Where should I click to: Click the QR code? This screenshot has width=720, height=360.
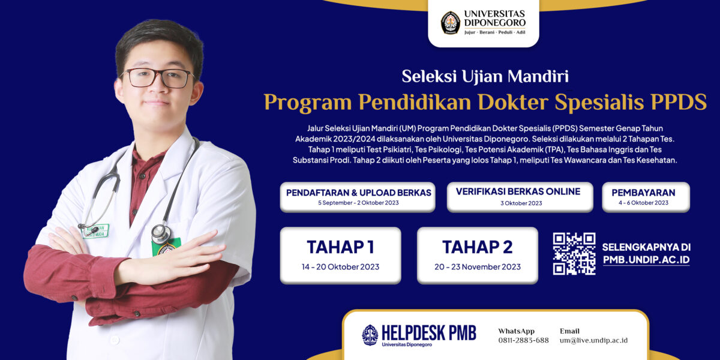tap(574, 254)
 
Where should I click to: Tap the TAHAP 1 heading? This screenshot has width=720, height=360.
tap(340, 247)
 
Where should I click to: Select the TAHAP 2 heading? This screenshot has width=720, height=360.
tap(478, 247)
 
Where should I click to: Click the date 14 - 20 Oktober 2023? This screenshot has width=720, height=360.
tap(340, 267)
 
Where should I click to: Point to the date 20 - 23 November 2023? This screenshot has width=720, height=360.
tap(478, 267)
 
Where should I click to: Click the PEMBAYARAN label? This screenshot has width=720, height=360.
tap(643, 193)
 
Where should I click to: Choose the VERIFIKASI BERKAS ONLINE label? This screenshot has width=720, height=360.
tap(518, 191)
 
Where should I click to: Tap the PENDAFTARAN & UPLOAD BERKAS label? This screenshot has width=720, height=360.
tap(359, 193)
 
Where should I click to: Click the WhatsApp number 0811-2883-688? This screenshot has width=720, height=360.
tap(524, 340)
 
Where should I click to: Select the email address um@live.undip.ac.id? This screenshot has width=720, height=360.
tap(593, 340)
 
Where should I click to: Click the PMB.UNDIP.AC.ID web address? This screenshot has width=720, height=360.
tap(646, 260)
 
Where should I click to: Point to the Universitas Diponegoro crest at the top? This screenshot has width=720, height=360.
tap(451, 23)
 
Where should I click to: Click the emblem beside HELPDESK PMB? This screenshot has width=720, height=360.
tap(370, 335)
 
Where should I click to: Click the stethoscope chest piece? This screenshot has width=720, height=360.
tap(161, 233)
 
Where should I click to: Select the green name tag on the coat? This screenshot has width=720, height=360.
tap(96, 231)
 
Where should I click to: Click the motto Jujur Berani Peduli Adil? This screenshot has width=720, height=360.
tap(494, 32)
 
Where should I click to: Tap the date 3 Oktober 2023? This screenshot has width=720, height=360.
tap(521, 203)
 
